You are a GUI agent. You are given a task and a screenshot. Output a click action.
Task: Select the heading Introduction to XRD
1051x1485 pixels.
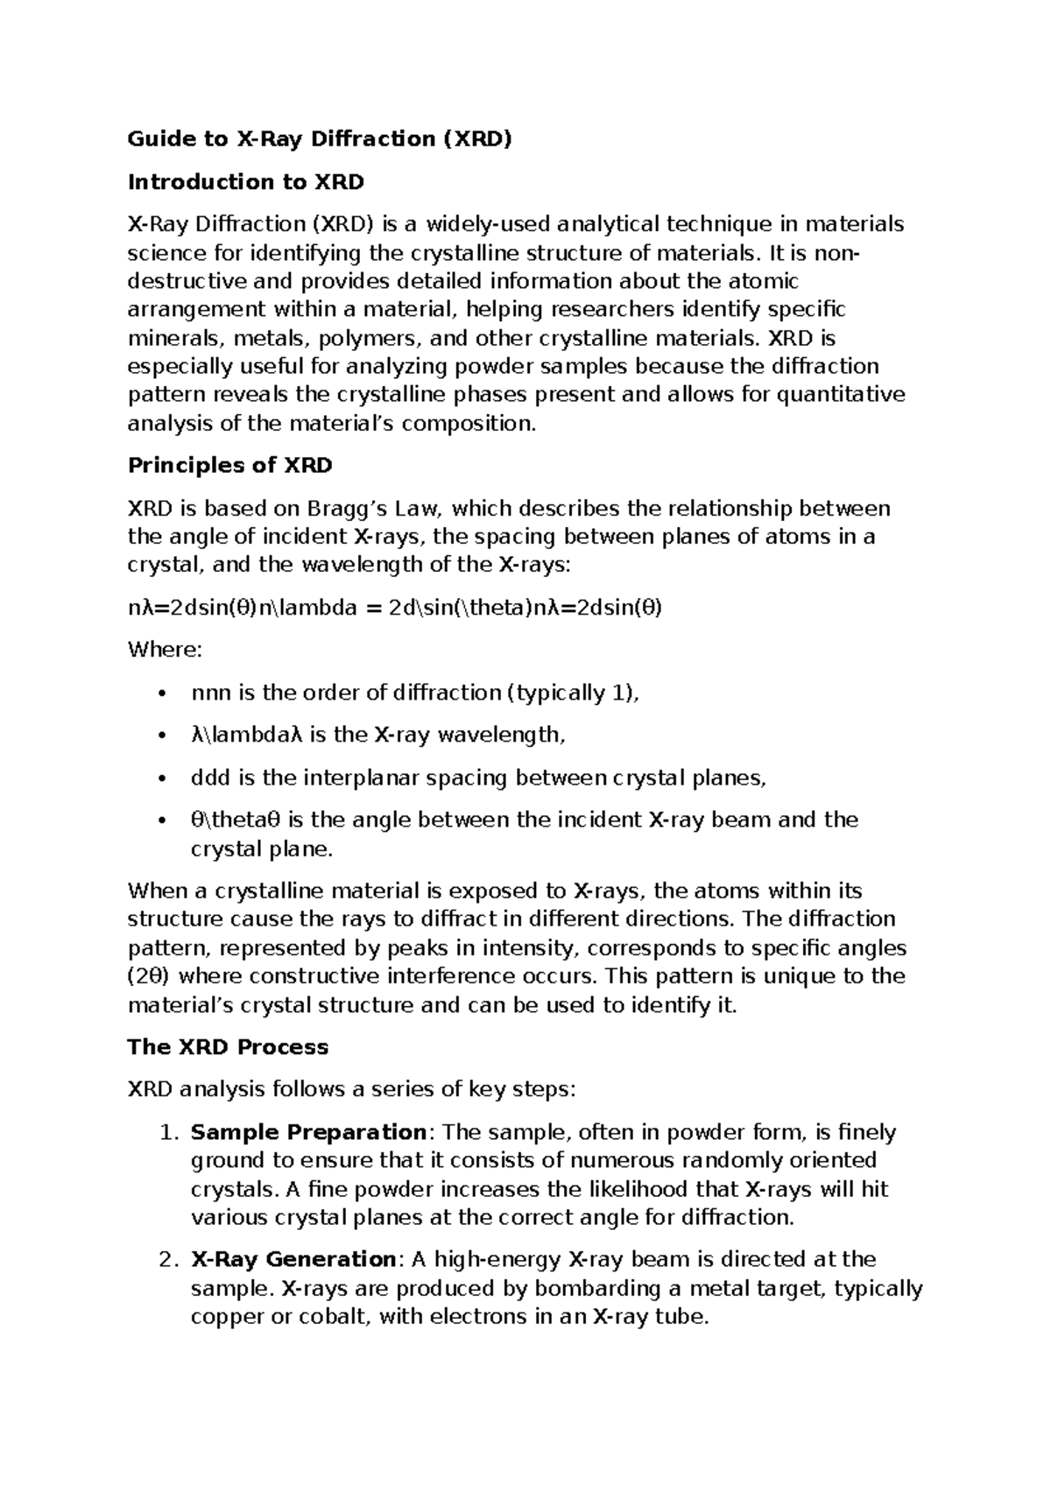tap(245, 182)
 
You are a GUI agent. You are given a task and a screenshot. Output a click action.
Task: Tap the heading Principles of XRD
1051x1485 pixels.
tap(230, 465)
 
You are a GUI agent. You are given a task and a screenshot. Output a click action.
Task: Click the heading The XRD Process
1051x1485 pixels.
tap(228, 1047)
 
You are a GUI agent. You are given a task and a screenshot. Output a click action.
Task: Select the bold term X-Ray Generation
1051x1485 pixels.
tap(293, 1259)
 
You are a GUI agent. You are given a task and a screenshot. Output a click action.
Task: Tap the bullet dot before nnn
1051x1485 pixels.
tap(159, 694)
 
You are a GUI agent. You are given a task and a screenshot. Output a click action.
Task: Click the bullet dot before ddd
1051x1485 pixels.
tap(159, 779)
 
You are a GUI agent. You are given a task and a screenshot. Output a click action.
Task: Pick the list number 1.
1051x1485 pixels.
tap(169, 1133)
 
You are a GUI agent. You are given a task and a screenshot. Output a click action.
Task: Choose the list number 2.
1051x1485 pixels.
tap(169, 1260)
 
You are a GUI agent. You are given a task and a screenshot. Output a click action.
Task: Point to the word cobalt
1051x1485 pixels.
tap(326, 1316)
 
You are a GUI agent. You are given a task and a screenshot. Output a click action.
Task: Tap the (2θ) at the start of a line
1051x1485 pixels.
tap(149, 975)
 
